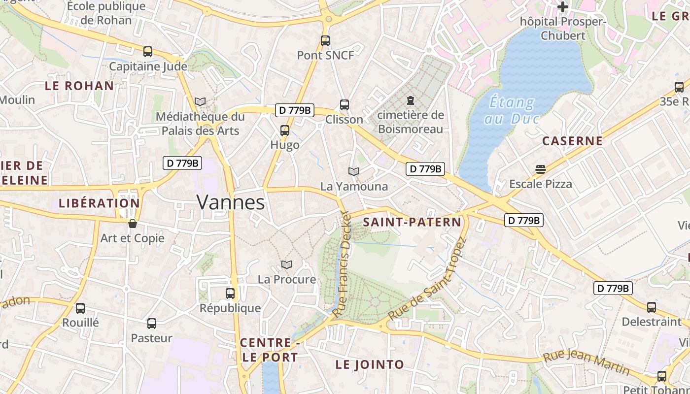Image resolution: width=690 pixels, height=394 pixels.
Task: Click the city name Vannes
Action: pos(231,202)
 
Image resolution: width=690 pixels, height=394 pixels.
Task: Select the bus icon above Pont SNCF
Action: pos(325,41)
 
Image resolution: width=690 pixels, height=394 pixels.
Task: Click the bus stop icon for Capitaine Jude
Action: pos(148,52)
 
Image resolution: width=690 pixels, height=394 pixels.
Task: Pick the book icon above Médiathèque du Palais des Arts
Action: pos(200,102)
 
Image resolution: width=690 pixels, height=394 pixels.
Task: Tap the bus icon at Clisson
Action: pos(345,105)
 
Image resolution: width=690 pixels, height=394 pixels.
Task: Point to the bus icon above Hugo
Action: pos(285,131)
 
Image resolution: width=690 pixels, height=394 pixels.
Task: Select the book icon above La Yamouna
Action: pos(354,171)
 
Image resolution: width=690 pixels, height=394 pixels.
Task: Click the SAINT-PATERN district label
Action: pos(412,222)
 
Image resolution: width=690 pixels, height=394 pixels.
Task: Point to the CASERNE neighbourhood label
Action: pos(572,141)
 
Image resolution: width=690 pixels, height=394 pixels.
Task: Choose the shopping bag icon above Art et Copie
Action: pos(133,224)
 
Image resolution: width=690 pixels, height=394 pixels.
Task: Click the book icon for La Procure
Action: pos(287,265)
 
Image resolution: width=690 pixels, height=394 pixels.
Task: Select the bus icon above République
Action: pos(230,294)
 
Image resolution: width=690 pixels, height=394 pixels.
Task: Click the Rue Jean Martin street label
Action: pos(586,362)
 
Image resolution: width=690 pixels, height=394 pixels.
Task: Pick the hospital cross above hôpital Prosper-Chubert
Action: pos(562,7)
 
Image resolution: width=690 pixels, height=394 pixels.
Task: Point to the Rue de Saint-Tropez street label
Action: pos(427,279)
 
